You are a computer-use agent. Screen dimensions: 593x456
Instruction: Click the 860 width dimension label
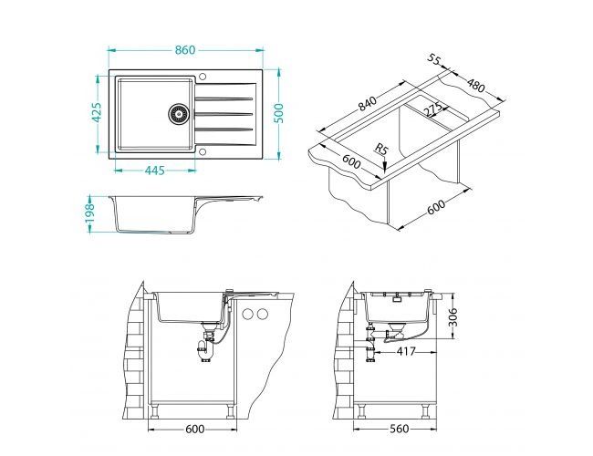185,50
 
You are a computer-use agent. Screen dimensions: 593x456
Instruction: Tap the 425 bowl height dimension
97,112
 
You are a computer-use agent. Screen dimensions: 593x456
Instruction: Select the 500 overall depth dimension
278,113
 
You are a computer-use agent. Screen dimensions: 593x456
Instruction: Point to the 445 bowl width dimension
155,171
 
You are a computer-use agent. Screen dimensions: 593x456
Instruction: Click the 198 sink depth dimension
89,213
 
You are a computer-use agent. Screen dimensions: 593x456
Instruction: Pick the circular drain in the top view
178,113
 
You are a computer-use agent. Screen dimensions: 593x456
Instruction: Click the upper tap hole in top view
202,77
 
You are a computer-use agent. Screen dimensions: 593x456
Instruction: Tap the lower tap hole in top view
202,152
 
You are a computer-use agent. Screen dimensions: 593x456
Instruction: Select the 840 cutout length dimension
368,104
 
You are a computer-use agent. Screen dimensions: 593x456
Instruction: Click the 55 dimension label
434,59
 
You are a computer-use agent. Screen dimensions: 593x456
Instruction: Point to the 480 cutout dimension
475,86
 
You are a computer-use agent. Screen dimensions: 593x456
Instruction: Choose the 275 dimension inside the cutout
432,109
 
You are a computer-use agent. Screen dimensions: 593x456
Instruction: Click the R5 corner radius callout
381,149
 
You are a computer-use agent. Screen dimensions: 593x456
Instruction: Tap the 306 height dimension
453,316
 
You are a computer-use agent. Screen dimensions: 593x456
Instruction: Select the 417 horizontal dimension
406,352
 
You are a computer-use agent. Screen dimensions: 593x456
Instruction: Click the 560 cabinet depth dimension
398,429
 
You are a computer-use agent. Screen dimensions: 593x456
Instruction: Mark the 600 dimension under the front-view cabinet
194,429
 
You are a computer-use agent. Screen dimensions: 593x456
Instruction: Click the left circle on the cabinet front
248,314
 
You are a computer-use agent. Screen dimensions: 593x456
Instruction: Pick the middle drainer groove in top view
224,113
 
